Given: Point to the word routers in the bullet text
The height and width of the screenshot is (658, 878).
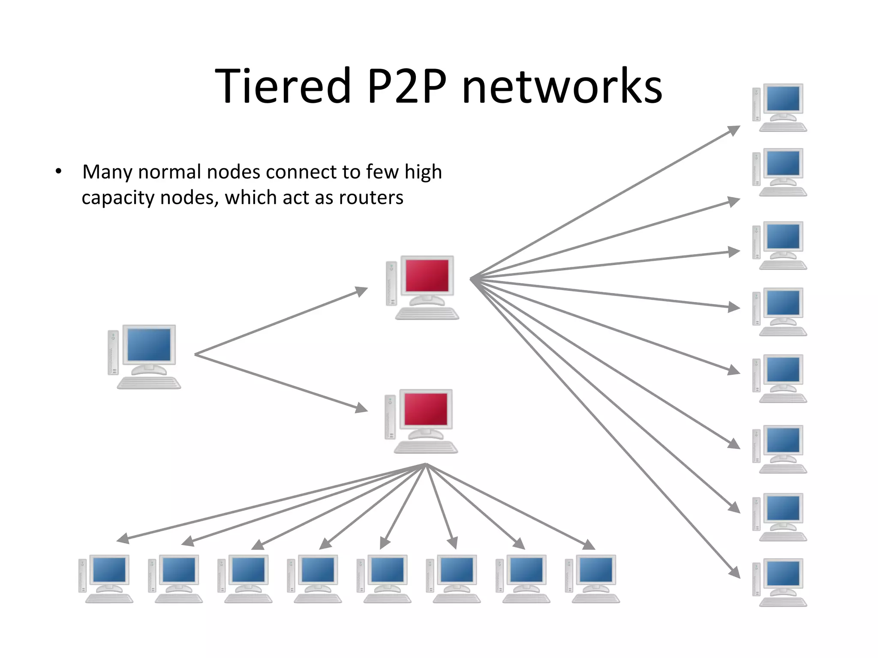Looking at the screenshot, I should point(371,198).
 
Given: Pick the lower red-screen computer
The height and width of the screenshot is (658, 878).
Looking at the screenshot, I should point(422,421).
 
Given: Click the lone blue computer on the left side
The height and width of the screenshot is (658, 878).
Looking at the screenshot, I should point(144,356).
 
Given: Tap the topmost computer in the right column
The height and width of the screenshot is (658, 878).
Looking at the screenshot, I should point(779,107).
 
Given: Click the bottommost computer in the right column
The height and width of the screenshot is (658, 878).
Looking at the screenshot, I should point(779,582).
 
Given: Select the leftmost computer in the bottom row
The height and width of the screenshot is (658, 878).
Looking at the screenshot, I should point(106,579).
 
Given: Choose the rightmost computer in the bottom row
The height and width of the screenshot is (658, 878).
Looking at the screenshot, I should point(592,579).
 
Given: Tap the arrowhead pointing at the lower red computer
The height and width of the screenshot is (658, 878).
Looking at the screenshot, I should point(362,408).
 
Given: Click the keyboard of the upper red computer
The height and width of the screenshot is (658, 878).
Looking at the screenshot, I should point(427,314).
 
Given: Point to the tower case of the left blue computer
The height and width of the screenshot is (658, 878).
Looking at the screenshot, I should point(113,353).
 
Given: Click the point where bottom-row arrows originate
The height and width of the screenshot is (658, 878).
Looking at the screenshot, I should point(426,465).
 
